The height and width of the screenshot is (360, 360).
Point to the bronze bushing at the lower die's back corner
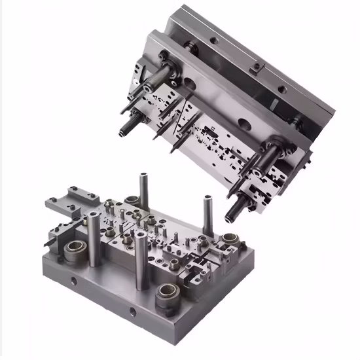[x=132, y=200]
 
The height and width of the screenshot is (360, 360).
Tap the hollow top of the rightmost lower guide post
[x=207, y=196]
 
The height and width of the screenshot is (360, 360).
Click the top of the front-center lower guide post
[x=139, y=232]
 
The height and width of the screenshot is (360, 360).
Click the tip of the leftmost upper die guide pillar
[x=122, y=130]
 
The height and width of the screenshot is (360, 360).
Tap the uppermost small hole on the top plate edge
[x=213, y=40]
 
